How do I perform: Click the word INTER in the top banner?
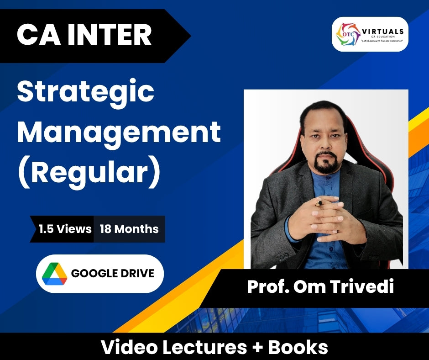click(110, 35)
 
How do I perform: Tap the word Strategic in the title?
click(86, 93)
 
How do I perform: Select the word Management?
click(119, 133)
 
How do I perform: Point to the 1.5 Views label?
click(65, 229)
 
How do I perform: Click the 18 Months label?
click(129, 229)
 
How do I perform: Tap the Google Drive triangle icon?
click(54, 274)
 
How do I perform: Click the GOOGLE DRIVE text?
click(113, 273)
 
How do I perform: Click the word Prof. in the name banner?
click(268, 286)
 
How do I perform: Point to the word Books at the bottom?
click(298, 347)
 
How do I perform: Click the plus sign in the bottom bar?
click(257, 348)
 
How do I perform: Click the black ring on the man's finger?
click(319, 203)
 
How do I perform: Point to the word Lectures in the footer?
click(205, 347)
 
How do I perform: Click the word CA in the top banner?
click(39, 35)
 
